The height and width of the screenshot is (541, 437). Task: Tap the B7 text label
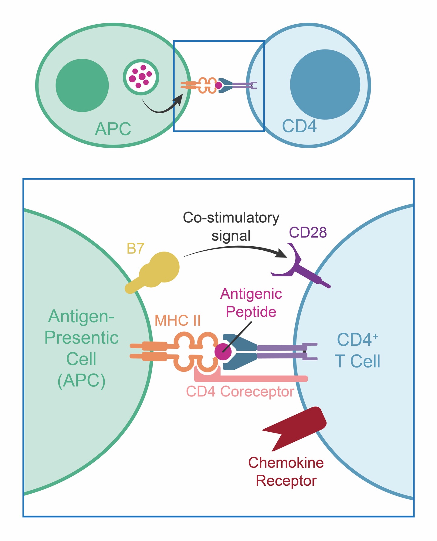[135, 249]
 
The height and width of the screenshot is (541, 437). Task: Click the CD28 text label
[308, 232]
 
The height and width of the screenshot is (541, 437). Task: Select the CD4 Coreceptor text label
[240, 392]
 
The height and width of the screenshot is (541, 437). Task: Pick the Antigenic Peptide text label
[251, 303]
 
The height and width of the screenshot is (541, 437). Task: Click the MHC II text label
[178, 320]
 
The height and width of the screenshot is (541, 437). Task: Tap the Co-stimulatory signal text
[231, 227]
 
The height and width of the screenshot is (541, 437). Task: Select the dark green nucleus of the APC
[82, 85]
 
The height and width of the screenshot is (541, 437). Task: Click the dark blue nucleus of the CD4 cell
[325, 84]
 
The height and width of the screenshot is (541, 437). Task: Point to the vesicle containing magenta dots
[141, 77]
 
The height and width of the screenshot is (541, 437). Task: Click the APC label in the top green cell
[113, 129]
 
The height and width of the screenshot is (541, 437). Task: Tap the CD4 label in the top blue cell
[299, 126]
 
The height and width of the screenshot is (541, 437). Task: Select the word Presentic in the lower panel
[81, 338]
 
